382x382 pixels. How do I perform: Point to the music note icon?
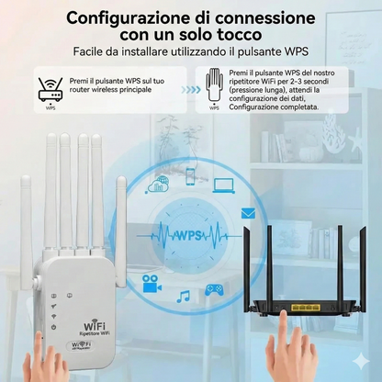(184, 297)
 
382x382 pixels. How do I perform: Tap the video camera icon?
(152, 286)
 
